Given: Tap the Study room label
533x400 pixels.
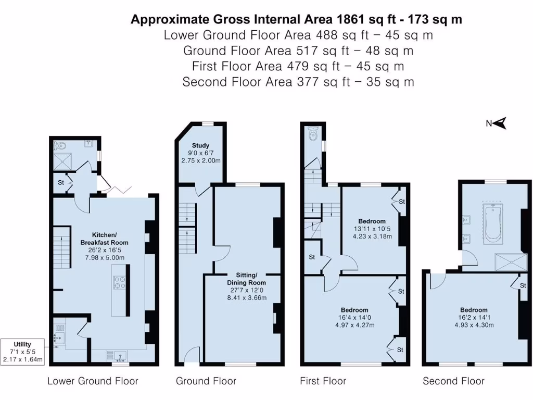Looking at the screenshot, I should click(x=200, y=145).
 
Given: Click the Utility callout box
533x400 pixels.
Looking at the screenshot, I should click(x=22, y=352).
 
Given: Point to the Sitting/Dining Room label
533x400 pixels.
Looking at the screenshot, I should click(x=244, y=279).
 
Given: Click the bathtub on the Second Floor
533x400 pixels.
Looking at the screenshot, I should click(x=493, y=225).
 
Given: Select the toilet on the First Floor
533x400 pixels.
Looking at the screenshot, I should click(x=312, y=135).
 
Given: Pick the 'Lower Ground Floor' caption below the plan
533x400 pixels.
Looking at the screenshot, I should click(x=93, y=381).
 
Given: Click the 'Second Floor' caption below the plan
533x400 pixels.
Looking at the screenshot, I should click(x=453, y=381).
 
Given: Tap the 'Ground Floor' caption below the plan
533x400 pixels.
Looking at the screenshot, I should click(x=206, y=381).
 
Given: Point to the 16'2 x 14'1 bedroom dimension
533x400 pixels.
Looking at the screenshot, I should click(x=473, y=318).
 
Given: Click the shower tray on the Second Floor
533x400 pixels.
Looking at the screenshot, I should click(x=510, y=260).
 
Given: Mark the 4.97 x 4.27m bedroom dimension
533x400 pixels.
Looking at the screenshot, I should click(x=354, y=325).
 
